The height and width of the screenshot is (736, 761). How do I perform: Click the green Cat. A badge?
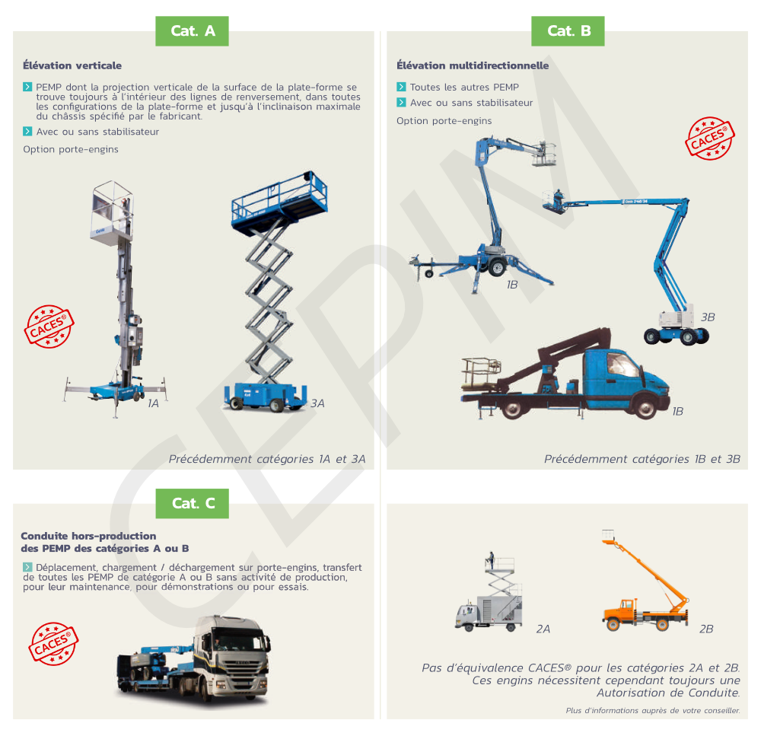pyautogui.click(x=192, y=31)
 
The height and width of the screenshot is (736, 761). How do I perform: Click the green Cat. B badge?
pyautogui.click(x=568, y=31)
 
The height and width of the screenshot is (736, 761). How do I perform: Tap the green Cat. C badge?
pyautogui.click(x=193, y=503)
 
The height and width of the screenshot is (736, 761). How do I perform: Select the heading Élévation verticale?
pyautogui.click(x=72, y=65)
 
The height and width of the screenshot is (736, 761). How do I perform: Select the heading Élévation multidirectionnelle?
pyautogui.click(x=473, y=65)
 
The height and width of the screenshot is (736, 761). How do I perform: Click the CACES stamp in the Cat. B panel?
pyautogui.click(x=710, y=138)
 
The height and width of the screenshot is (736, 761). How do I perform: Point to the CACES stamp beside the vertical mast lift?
pyautogui.click(x=49, y=327)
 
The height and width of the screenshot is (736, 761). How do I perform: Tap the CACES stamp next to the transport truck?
pyautogui.click(x=53, y=644)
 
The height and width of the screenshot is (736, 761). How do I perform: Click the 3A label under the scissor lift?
pyautogui.click(x=317, y=403)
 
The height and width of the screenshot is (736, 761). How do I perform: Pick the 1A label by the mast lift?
pyautogui.click(x=154, y=403)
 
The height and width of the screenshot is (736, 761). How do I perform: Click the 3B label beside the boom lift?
pyautogui.click(x=708, y=317)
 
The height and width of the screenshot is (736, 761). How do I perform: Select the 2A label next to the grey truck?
pyautogui.click(x=543, y=629)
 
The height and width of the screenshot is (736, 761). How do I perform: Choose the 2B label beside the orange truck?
pyautogui.click(x=706, y=629)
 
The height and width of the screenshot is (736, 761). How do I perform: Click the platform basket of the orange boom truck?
pyautogui.click(x=608, y=535)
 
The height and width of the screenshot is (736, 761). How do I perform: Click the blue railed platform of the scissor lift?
pyautogui.click(x=279, y=200)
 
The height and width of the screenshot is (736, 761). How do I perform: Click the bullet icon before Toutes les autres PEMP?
pyautogui.click(x=401, y=87)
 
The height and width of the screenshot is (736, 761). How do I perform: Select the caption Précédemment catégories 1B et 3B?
pyautogui.click(x=642, y=459)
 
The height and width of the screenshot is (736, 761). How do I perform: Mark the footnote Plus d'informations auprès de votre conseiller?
pyautogui.click(x=653, y=710)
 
